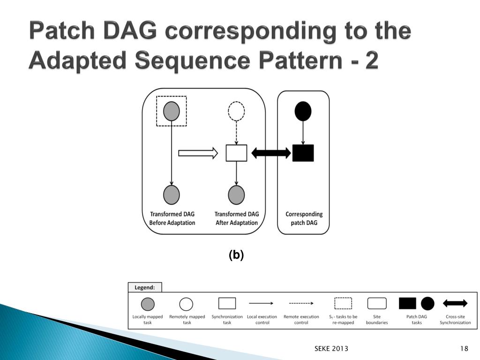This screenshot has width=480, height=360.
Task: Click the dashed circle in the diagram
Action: click(x=236, y=112)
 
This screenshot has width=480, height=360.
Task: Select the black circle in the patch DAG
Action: click(x=303, y=111)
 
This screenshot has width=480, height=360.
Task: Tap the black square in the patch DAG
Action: click(x=303, y=153)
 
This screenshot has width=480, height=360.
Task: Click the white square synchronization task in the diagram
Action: click(x=236, y=153)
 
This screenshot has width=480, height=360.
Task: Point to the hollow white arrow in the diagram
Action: click(x=198, y=153)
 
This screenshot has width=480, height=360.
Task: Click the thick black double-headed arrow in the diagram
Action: click(x=271, y=153)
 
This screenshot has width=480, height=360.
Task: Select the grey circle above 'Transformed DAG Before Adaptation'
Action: click(x=172, y=194)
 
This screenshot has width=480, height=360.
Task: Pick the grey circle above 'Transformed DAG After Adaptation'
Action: click(x=236, y=194)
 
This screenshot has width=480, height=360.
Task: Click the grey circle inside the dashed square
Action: click(x=172, y=112)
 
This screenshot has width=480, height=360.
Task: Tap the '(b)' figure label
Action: click(x=236, y=255)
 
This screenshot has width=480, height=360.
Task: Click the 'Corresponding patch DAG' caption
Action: click(x=304, y=218)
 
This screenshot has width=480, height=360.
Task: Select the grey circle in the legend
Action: click(x=148, y=304)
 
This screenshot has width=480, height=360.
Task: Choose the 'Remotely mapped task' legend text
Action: click(x=187, y=319)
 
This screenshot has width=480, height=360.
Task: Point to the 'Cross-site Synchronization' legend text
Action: click(x=455, y=319)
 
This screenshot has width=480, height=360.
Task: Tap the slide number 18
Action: click(x=465, y=348)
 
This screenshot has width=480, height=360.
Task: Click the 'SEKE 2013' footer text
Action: click(x=331, y=348)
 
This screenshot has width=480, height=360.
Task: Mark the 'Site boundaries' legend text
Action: click(x=377, y=319)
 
